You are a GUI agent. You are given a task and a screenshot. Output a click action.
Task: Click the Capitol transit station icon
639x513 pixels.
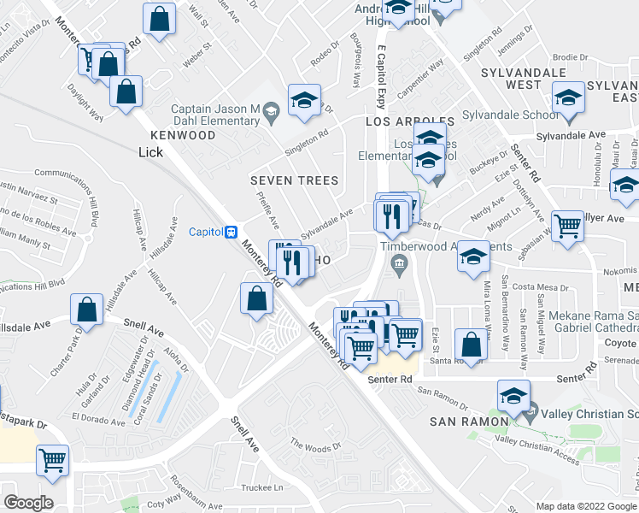coord(230,232)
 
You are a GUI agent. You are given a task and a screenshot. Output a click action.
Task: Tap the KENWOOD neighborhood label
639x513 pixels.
coord(183,135)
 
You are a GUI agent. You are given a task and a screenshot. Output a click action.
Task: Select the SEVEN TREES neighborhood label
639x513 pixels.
coord(294,180)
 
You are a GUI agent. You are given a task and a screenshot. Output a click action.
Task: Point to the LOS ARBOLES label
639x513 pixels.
coord(410,122)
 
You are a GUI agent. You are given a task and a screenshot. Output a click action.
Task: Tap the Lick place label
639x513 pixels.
coord(149,151)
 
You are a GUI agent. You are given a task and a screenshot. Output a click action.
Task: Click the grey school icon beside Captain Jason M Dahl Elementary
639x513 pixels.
coord(271,109)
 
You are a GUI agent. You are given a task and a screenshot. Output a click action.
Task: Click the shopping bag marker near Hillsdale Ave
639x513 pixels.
coord(87,310)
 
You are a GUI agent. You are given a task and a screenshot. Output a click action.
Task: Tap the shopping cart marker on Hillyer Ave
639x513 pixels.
coord(567,226)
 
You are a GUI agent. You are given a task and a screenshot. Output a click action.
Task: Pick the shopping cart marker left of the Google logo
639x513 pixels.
coord(52,460)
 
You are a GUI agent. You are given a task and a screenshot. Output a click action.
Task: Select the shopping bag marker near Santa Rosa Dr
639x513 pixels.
coord(470,344)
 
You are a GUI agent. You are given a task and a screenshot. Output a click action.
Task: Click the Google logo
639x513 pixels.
coord(28,502)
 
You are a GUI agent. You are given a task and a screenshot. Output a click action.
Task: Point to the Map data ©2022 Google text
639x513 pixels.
coord(574,506)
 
